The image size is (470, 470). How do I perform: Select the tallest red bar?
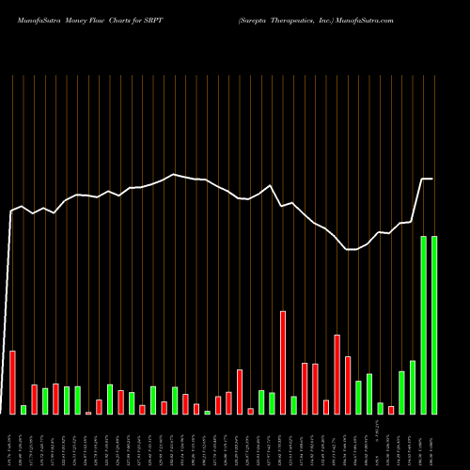pos(283,363)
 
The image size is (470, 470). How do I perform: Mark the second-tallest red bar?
pos(337,374)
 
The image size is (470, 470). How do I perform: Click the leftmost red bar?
pos(12,383)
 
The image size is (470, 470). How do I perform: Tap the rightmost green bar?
pos(434,325)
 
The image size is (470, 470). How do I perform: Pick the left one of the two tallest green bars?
pos(423,325)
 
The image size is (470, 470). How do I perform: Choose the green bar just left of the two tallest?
pos(413,387)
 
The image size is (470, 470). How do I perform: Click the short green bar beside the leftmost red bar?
pos(23,410)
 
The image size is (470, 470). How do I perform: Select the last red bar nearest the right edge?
pos(391,410)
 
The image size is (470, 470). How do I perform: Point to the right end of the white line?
pos(432,179)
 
